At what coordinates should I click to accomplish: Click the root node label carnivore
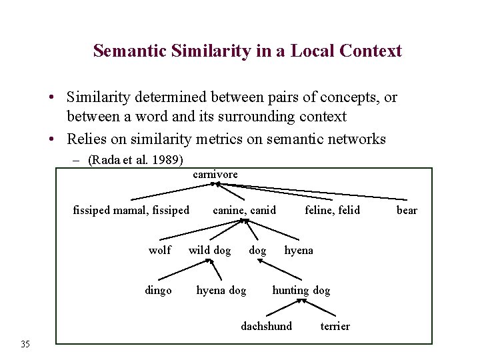[215, 174]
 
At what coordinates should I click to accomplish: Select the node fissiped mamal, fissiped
[131, 211]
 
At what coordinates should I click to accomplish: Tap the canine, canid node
[244, 211]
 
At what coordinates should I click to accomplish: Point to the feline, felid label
[332, 211]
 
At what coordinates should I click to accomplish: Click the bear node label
[407, 211]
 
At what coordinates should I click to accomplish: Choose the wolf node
[159, 250]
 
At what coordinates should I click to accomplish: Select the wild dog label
[209, 250]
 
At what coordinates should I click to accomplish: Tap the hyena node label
[299, 250]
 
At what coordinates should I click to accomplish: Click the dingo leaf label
[158, 290]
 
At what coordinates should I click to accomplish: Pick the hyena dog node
[221, 290]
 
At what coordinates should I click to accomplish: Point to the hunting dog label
[301, 290]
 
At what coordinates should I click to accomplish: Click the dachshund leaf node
[266, 326]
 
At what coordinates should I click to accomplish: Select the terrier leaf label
[335, 326]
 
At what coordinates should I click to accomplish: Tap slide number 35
[25, 344]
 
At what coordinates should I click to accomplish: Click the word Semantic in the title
[127, 51]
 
